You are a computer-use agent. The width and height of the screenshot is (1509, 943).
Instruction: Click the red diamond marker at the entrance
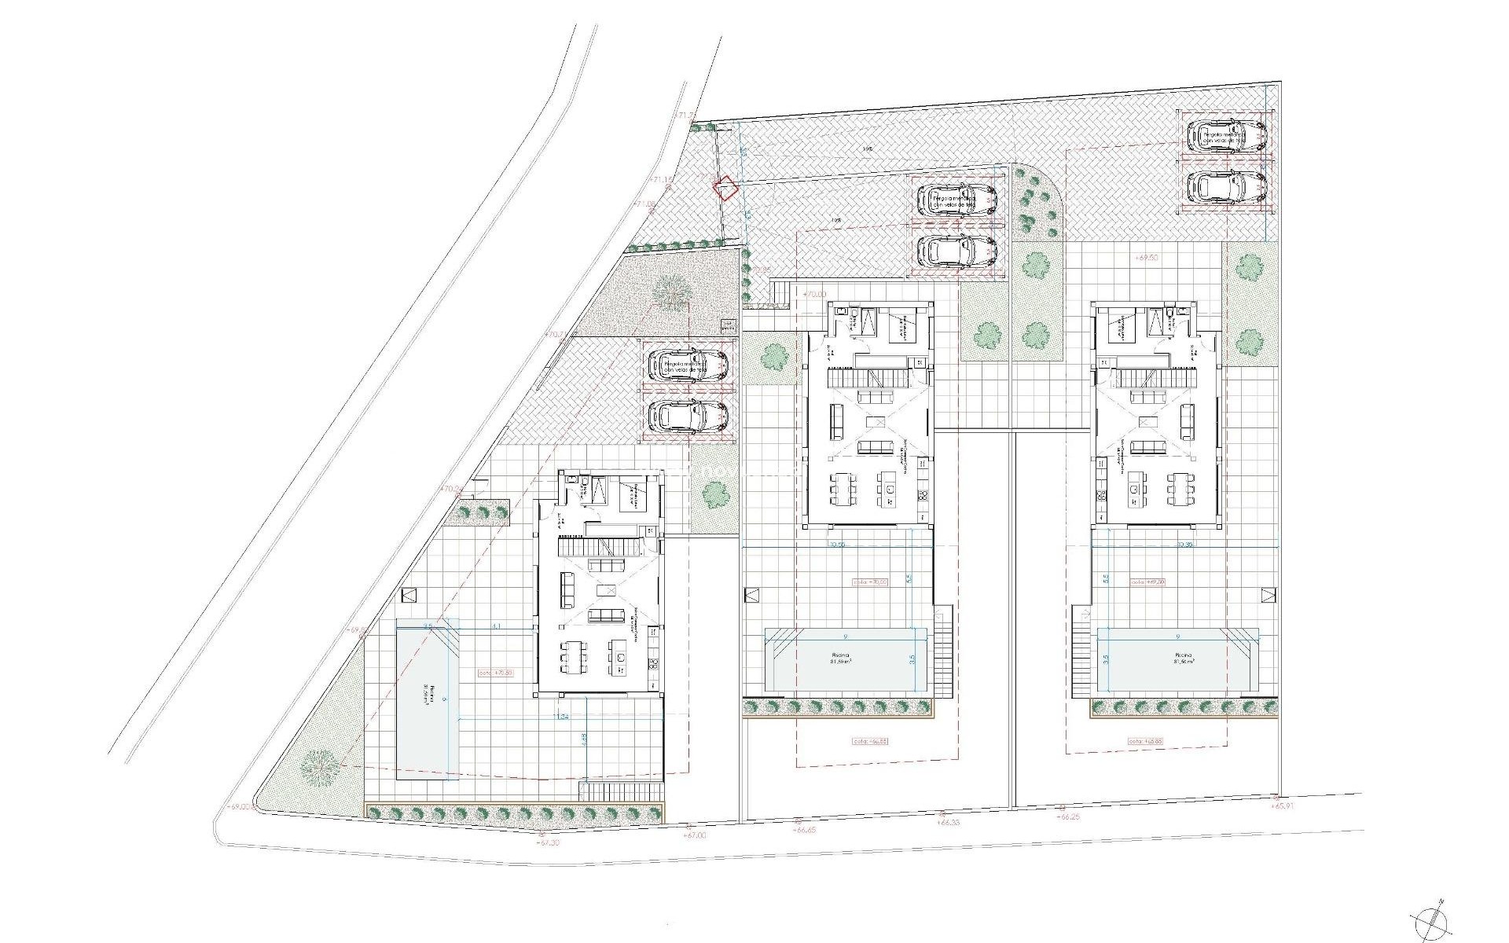pos(724,189)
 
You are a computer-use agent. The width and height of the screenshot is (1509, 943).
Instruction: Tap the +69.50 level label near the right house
pos(1147,257)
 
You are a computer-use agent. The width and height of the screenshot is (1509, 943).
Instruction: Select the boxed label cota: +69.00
pos(1147,582)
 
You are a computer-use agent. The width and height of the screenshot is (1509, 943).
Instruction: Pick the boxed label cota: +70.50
pos(496,673)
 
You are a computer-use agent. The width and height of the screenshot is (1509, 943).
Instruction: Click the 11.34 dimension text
pos(561,717)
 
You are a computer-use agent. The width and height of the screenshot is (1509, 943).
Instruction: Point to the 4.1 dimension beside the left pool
pos(495,626)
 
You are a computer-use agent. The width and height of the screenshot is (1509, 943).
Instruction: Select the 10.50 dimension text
pos(835,544)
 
